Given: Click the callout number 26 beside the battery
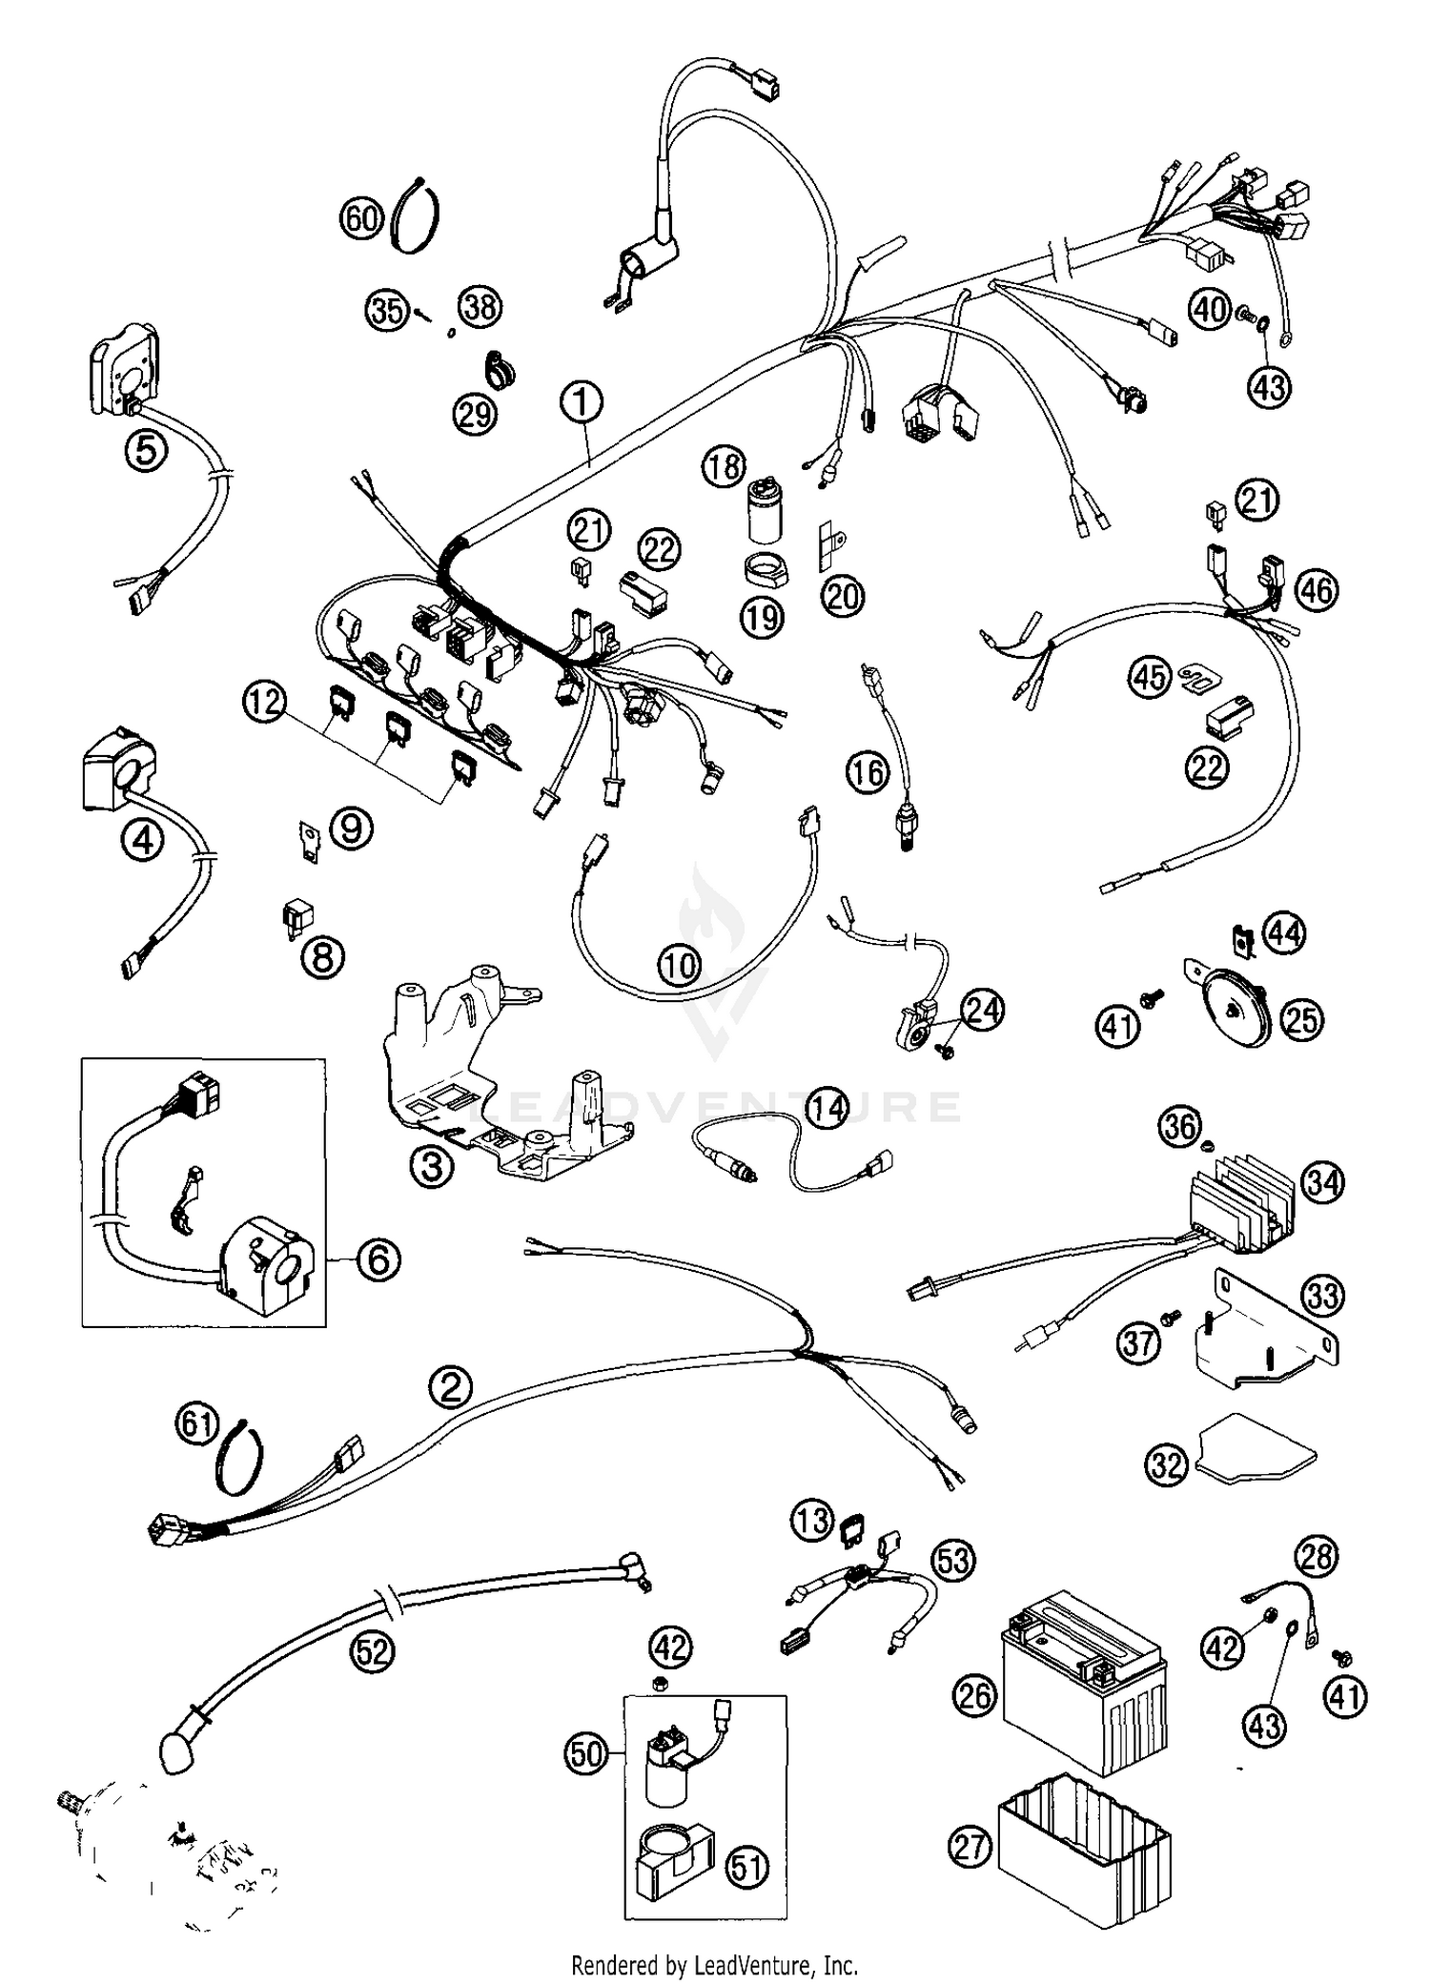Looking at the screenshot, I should pos(973,1695).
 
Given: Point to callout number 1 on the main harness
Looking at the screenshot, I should pos(582,401).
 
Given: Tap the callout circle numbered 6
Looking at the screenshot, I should pos(378,1259).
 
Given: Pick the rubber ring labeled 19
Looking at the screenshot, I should pos(764,573).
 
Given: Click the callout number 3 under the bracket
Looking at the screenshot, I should pos(431,1166).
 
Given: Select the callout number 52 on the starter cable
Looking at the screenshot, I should pos(372,1651).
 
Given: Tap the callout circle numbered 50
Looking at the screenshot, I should pos(586,1752).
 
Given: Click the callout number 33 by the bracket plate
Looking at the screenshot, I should pos(1321,1296).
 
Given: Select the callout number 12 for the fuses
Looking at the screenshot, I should pos(263,703).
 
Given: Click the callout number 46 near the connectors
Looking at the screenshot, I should pos(1317,590).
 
